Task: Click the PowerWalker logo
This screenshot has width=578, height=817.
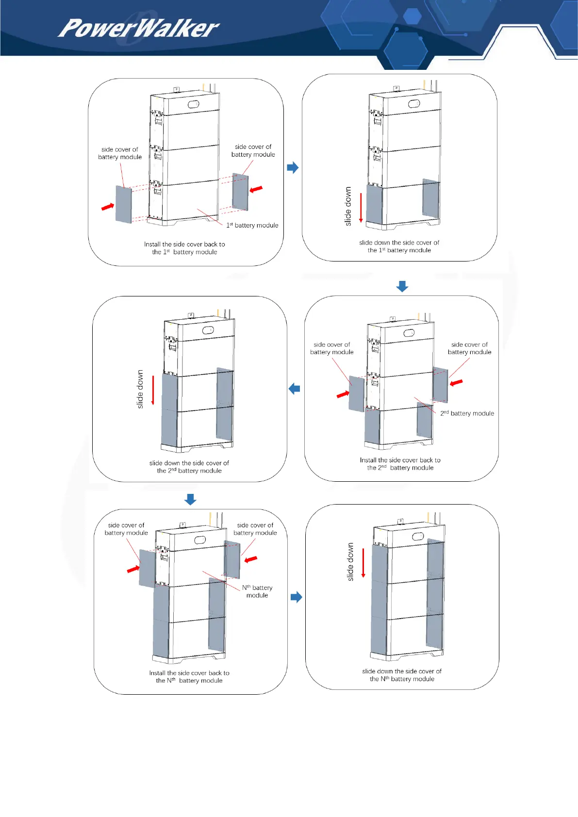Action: tap(138, 28)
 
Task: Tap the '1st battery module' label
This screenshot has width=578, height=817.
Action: tap(252, 225)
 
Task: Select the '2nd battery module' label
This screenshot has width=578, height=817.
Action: tap(467, 413)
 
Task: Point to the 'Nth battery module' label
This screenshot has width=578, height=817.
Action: tap(257, 591)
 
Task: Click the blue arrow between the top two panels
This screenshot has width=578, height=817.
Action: tap(293, 168)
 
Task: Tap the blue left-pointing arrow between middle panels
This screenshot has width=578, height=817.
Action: tap(294, 389)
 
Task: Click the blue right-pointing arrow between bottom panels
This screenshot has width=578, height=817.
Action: tap(296, 597)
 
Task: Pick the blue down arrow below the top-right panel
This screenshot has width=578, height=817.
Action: tap(402, 286)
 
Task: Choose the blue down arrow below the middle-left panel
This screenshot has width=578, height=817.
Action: tap(190, 499)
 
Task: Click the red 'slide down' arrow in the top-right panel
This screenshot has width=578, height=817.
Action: tap(361, 207)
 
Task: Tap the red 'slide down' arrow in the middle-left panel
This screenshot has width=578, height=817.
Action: tap(153, 390)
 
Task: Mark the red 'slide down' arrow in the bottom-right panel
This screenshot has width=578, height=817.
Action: tap(363, 563)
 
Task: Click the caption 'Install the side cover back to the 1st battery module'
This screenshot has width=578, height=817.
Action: tap(184, 248)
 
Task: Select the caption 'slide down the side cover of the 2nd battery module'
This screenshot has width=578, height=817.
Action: tap(189, 467)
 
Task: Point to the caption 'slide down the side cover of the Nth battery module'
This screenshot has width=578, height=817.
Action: tap(402, 675)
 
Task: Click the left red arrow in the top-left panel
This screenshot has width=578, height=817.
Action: tap(107, 207)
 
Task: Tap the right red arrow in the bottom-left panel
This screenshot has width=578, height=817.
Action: tap(251, 559)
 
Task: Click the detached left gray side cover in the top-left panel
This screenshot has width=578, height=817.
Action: tap(123, 204)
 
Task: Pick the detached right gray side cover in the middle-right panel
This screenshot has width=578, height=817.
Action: tap(440, 385)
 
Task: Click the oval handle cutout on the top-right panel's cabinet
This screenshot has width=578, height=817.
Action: tap(414, 104)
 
